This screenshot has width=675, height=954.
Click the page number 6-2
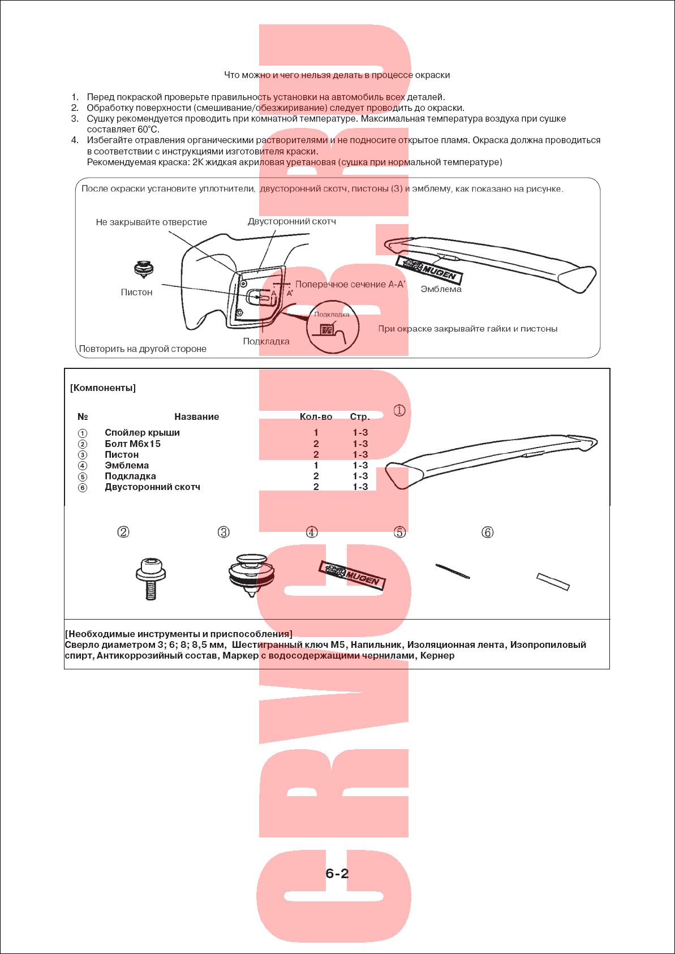(337, 873)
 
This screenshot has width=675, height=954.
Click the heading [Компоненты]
(103, 388)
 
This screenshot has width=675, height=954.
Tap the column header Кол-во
(316, 416)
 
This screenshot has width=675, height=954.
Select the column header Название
(196, 416)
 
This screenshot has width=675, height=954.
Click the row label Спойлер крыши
(142, 432)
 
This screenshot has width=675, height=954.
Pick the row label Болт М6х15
(132, 444)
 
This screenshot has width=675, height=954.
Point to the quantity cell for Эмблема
(316, 465)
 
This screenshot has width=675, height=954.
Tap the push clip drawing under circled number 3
(251, 574)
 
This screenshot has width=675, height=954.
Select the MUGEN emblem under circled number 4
(352, 575)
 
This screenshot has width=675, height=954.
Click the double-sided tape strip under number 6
(553, 582)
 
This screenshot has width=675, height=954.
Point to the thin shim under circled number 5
(452, 571)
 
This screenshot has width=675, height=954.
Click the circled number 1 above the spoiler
(399, 410)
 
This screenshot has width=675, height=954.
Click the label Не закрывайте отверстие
(151, 222)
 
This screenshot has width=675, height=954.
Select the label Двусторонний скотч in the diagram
(291, 221)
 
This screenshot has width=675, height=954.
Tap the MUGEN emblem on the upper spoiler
(429, 269)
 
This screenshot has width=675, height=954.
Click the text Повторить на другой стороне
(143, 349)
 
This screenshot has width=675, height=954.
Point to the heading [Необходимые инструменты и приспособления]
(179, 634)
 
